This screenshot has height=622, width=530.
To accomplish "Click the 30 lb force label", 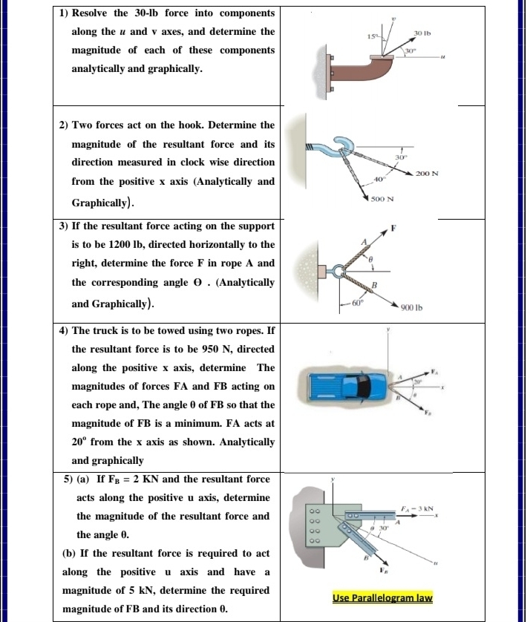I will tap(422, 33).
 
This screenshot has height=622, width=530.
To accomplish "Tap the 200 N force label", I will tap(428, 172).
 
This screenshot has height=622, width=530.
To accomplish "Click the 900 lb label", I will tap(411, 307).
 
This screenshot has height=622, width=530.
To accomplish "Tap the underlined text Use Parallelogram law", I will tap(382, 598).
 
